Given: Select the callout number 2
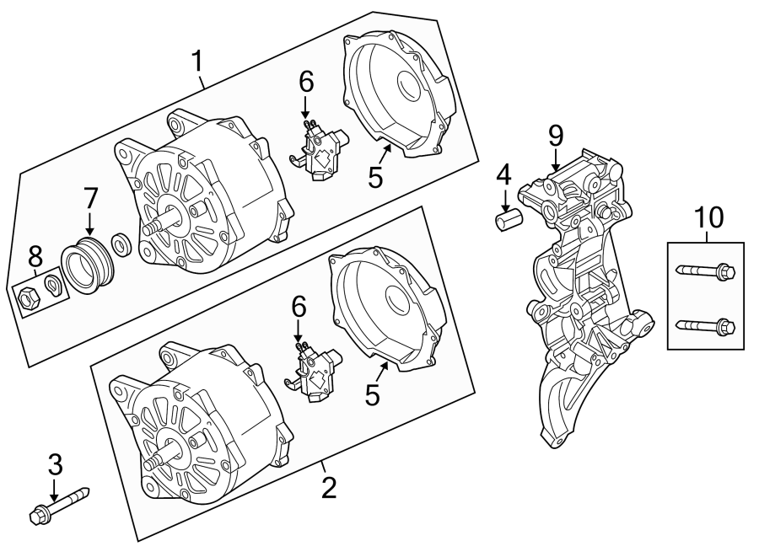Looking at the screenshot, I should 328,486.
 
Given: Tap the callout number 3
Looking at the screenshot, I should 56,463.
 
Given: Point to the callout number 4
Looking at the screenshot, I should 503,177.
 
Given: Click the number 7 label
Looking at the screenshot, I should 90,199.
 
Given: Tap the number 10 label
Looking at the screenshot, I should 708,217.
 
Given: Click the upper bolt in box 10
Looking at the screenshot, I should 706,271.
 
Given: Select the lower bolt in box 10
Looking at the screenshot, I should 706,324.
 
